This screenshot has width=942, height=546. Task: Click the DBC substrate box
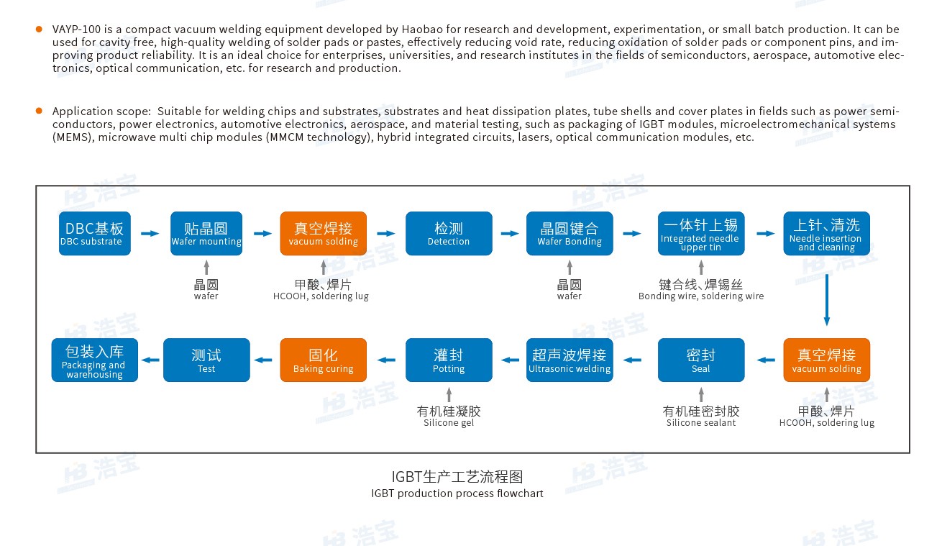[95, 234]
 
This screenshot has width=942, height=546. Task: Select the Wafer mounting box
[206, 234]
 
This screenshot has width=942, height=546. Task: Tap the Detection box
[449, 234]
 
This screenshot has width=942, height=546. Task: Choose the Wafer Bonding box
[570, 234]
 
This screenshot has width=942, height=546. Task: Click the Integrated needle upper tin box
[701, 234]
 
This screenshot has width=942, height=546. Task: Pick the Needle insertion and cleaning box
[826, 234]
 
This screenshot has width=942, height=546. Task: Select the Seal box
[701, 360]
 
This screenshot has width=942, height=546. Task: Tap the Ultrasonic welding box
[570, 360]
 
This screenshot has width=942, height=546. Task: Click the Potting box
[449, 360]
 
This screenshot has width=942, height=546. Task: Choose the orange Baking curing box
[324, 360]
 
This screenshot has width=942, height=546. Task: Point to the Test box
[206, 360]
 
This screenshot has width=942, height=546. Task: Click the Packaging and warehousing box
[95, 360]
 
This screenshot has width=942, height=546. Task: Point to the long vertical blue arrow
[827, 300]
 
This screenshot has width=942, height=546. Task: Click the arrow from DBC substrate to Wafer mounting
[150, 234]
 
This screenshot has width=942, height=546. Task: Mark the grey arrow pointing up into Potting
[449, 394]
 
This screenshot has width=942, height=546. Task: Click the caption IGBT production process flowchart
[457, 493]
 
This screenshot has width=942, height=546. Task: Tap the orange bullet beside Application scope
[39, 111]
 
